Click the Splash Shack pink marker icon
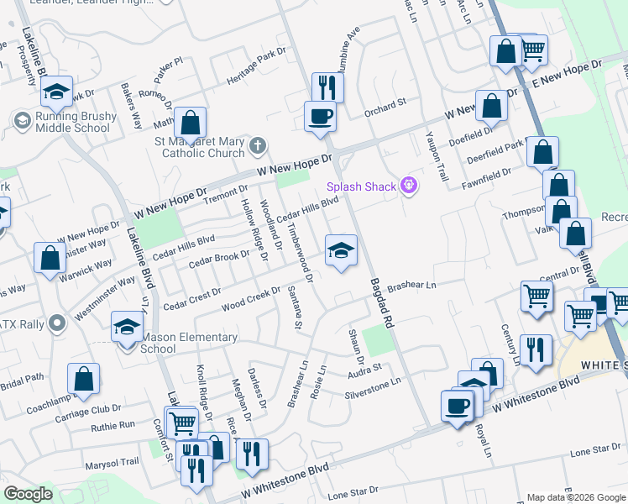pyautogui.click(x=409, y=186)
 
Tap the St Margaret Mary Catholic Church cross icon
pyautogui.click(x=257, y=146)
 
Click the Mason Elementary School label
pyautogui.click(x=189, y=343)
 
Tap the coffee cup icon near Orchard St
pyautogui.click(x=320, y=115)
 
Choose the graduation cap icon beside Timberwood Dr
pyautogui.click(x=341, y=249)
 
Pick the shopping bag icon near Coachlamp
pyautogui.click(x=84, y=379)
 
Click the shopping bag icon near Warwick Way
pyautogui.click(x=50, y=258)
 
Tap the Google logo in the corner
pyautogui.click(x=29, y=493)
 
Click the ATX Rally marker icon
pyautogui.click(x=57, y=323)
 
